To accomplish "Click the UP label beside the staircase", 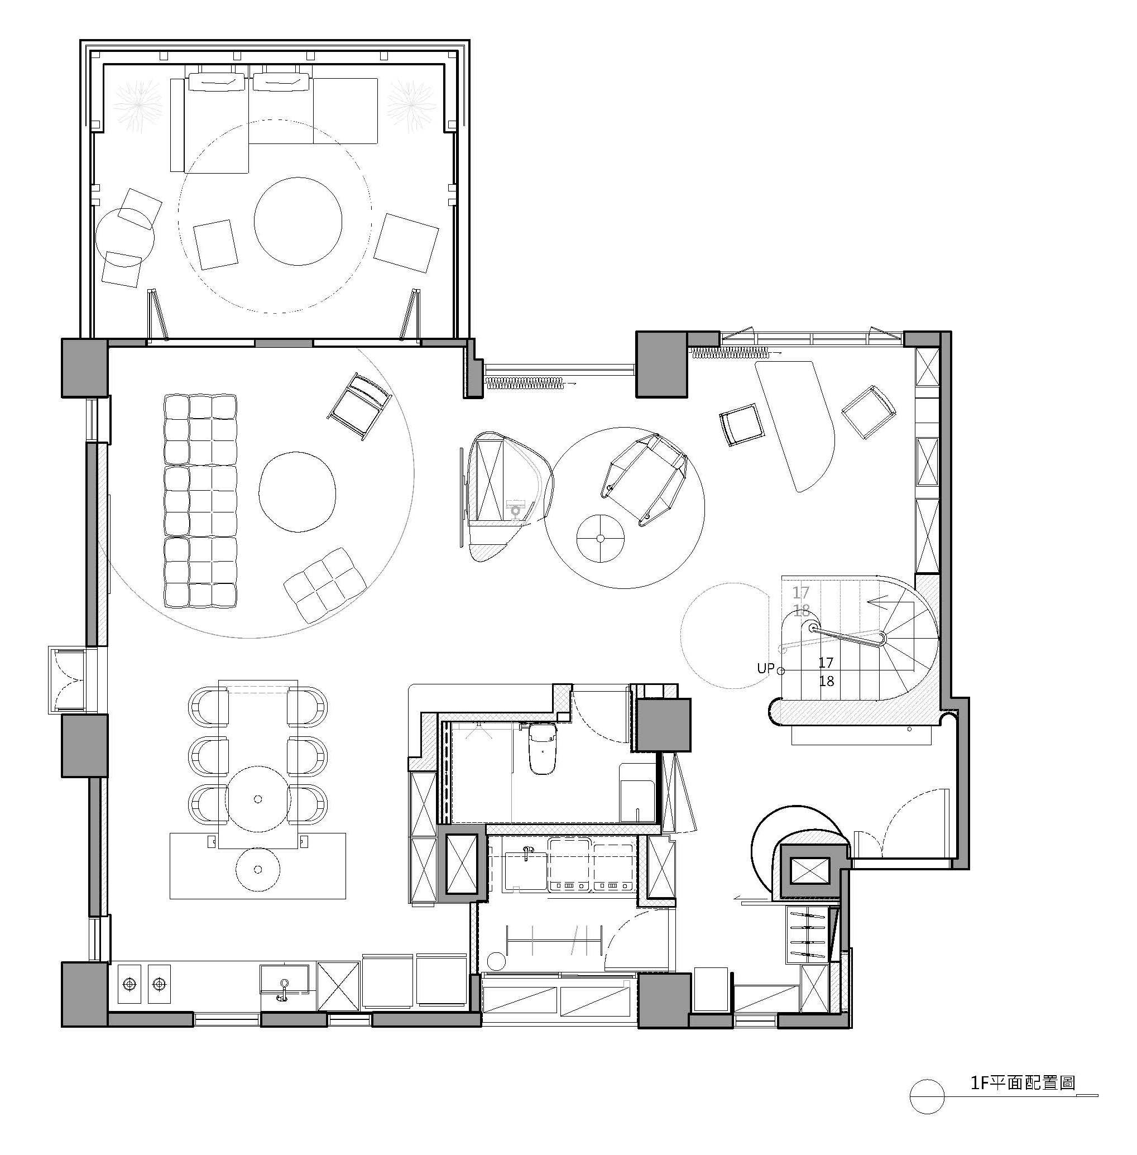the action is pos(765,668).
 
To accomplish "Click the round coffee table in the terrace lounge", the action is pos(298,221).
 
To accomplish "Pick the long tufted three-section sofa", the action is pos(200,501).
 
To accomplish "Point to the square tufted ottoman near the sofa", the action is pos(325,585).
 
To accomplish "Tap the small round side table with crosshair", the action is pos(601,538).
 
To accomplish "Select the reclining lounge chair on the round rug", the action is pos(644,480).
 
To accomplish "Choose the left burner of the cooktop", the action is pos(129,983).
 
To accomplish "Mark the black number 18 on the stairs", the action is pos(827,681).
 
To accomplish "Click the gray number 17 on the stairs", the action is pos(801,592).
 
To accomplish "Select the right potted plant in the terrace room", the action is pos(411,106).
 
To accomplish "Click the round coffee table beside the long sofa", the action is pos(298,491).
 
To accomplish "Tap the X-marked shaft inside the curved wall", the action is pos(810,871).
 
